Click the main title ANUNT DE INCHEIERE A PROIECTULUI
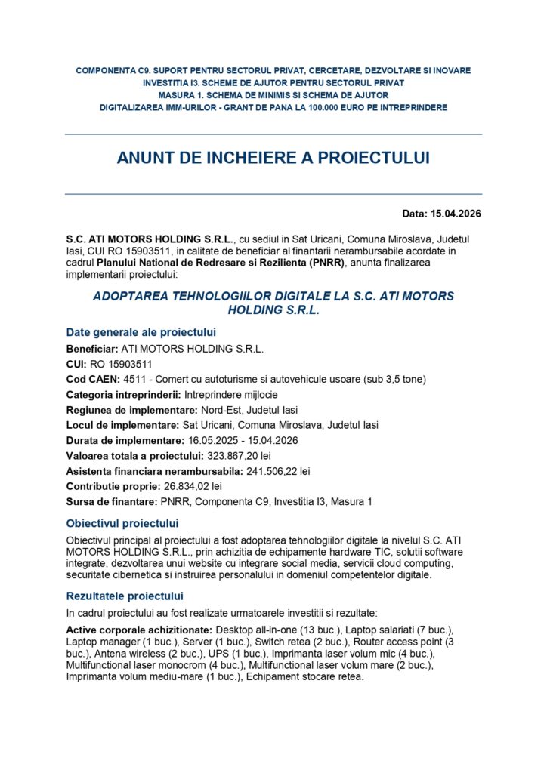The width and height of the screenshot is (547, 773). [273, 158]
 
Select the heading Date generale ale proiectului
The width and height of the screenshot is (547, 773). [141, 332]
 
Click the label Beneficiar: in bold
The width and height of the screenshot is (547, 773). [92, 349]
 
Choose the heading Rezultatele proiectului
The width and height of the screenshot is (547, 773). [125, 596]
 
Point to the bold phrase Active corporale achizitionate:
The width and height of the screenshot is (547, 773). [139, 629]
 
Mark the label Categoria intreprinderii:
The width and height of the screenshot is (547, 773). [122, 395]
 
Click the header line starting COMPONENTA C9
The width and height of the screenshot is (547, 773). [273, 70]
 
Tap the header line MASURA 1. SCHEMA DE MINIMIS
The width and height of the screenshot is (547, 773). [273, 95]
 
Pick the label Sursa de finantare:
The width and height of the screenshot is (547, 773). [110, 501]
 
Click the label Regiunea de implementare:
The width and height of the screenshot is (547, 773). [131, 410]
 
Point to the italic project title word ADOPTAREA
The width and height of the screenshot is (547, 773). [128, 297]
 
